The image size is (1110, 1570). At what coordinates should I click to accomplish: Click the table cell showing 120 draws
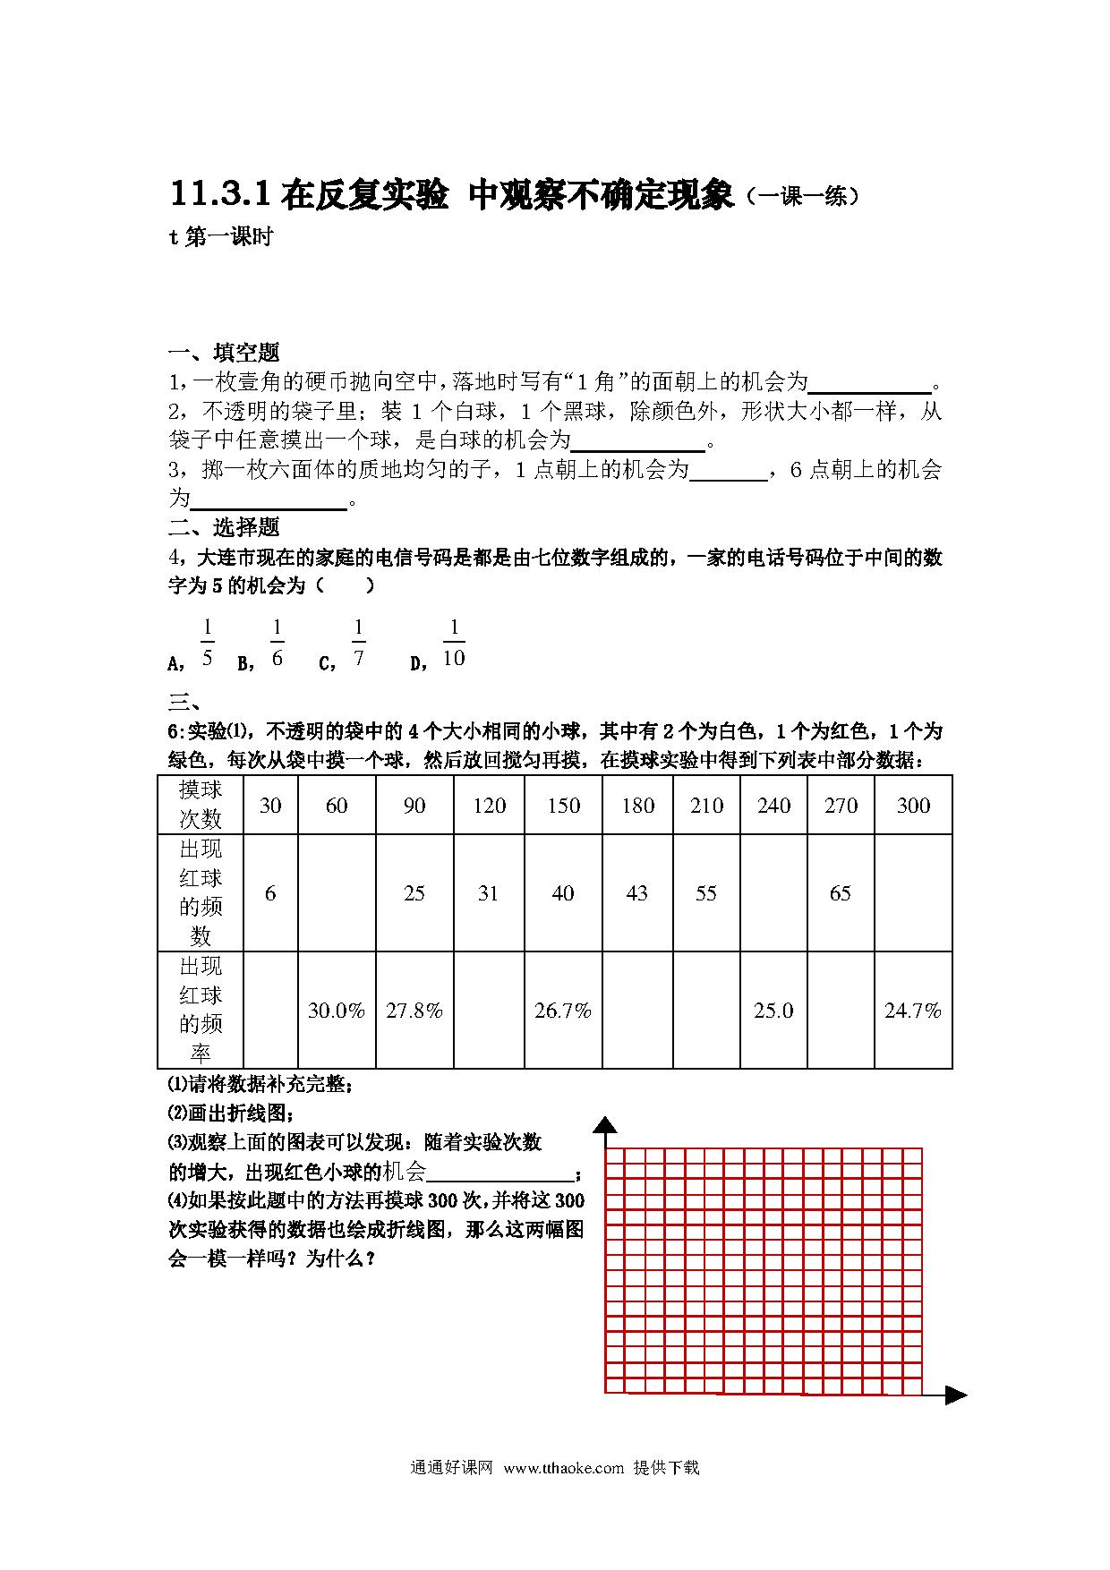pos(490,806)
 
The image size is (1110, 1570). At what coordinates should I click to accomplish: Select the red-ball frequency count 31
pos(488,893)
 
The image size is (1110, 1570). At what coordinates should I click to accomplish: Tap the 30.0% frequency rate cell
pos(337,1011)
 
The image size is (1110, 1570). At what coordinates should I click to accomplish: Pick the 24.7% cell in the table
pos(913,1011)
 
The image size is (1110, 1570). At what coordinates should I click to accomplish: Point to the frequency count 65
pos(841,893)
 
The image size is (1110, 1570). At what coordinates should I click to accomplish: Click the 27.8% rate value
pos(414,1011)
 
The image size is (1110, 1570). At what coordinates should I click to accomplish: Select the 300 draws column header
pos(913,806)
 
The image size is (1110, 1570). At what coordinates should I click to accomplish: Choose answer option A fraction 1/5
pos(207,643)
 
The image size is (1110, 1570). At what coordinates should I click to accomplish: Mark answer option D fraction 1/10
pos(454,643)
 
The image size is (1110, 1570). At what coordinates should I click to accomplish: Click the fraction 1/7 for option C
pos(358,643)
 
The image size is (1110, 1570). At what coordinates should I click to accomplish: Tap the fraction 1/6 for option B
pos(277,643)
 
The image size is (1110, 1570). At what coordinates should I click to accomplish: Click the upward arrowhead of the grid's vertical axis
pos(606,1126)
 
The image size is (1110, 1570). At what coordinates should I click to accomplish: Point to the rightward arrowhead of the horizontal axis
pos(956,1395)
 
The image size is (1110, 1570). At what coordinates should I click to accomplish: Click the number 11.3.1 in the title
pos(219,195)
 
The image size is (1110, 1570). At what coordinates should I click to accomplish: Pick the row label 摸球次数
pos(201,805)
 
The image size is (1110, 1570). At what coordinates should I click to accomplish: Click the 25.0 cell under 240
pos(773,1011)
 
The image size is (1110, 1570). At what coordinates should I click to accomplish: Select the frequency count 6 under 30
pos(270,893)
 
